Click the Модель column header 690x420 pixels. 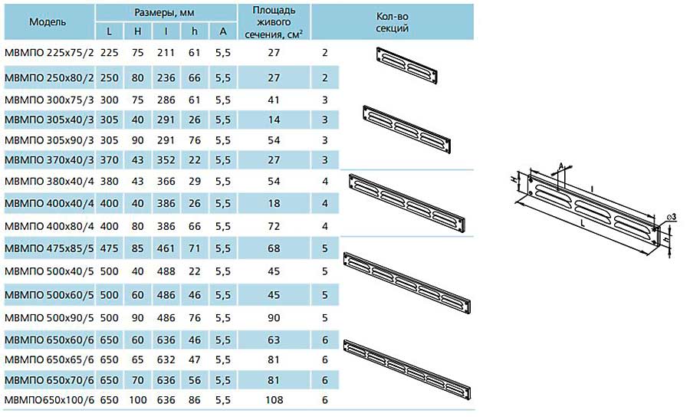(48, 22)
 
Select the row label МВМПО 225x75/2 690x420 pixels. (49, 53)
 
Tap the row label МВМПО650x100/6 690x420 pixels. (49, 400)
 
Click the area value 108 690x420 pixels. (274, 400)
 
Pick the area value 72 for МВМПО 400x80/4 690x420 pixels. (274, 227)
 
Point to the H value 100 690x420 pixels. (138, 400)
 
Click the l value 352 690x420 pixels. (166, 160)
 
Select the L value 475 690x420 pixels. (109, 248)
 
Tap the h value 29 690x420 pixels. (195, 181)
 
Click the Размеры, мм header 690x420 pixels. (164, 13)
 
